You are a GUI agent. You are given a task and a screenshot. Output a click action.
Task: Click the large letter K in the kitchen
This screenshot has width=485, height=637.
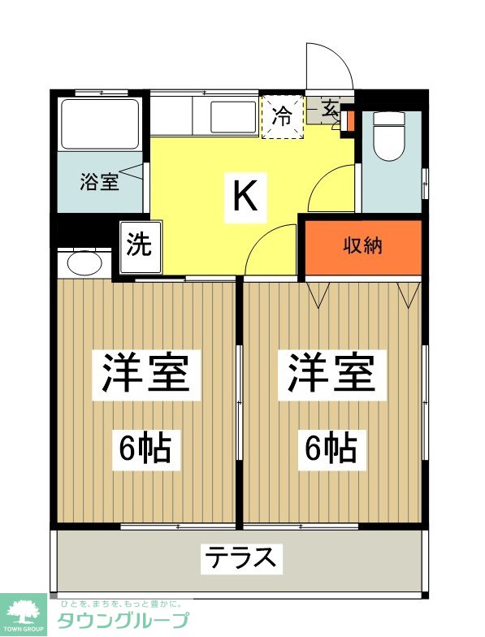(245, 196)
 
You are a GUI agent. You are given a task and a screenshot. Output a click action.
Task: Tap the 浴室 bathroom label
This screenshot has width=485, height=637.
(99, 181)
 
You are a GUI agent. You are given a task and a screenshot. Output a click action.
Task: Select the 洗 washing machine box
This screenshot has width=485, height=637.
(139, 245)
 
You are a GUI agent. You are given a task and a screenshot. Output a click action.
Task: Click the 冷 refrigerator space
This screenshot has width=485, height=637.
(282, 116)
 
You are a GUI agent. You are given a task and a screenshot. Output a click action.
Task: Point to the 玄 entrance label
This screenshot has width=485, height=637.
(331, 107)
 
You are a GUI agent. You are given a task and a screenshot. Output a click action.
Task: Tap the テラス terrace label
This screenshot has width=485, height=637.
(241, 558)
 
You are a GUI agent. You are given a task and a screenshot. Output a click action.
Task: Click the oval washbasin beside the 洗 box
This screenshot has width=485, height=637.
(84, 262)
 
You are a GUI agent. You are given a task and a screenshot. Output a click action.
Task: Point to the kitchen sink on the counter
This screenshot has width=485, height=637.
(233, 119)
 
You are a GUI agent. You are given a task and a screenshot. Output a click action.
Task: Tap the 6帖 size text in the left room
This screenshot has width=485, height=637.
(146, 447)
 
